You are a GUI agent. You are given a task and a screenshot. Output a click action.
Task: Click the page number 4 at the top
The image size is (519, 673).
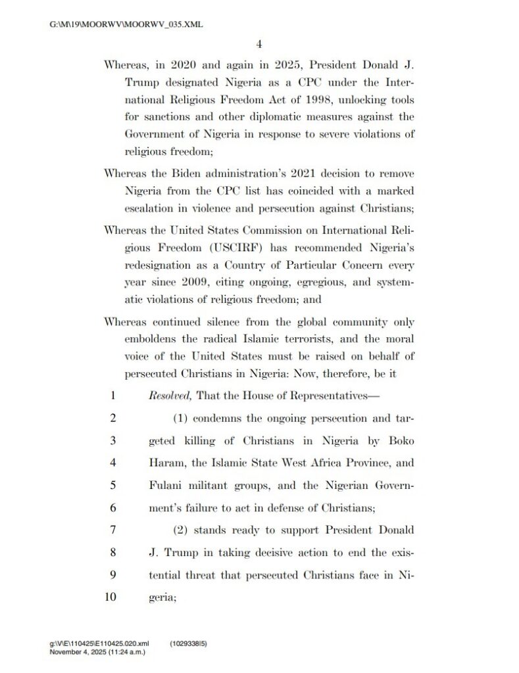pos(259,44)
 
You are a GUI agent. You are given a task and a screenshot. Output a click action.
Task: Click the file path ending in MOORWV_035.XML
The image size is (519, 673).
pos(126,25)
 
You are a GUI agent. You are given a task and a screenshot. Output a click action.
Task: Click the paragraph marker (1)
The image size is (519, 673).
pos(183,418)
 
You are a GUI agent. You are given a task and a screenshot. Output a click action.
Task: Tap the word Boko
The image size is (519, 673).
pos(400,440)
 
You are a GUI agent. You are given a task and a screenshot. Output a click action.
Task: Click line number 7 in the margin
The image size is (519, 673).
pos(113,530)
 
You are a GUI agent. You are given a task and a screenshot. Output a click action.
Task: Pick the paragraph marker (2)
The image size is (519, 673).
pos(183,530)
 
